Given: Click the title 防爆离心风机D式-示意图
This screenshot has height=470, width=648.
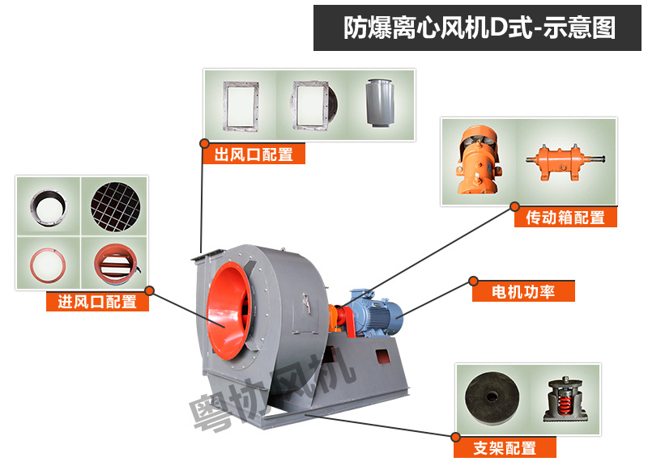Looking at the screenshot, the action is point(480,28).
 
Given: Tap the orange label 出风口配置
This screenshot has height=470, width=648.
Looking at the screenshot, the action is point(254,155).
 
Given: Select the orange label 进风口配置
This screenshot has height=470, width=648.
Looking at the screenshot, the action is point(97,302).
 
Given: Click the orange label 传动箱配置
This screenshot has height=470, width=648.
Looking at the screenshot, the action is point(565,217).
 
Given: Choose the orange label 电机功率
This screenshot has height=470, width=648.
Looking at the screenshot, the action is point(523,292).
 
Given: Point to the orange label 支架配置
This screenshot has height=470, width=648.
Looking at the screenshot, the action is point(505,447).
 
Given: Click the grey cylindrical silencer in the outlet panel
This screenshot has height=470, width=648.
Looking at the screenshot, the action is point(380,103).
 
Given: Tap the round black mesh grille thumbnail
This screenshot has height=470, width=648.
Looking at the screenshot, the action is point(115,207).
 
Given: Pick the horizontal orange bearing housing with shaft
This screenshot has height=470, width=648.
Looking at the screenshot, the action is point(565,161).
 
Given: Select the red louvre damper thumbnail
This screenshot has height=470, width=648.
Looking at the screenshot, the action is point(115,264).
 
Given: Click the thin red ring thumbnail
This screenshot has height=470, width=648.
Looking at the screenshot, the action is point(48,265).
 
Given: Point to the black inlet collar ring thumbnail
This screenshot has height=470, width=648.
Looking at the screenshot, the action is point(49,208).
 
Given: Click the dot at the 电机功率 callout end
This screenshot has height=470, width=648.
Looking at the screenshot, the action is point(474,282).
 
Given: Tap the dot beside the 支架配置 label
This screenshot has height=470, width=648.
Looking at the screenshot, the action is point(455,437).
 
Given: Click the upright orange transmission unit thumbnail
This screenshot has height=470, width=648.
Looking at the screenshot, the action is point(479,160).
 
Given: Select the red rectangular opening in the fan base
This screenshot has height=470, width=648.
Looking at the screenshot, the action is point(382,356).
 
